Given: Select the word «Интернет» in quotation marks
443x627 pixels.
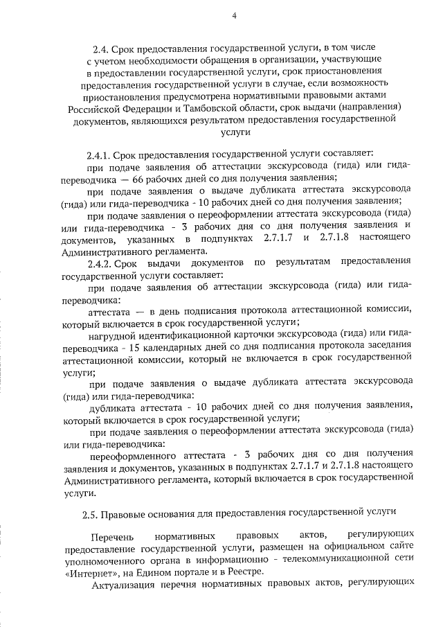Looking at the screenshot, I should click(x=86, y=573).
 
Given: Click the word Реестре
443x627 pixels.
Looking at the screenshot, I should click(x=258, y=573).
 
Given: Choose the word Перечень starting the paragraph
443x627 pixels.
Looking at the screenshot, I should click(x=111, y=536).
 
